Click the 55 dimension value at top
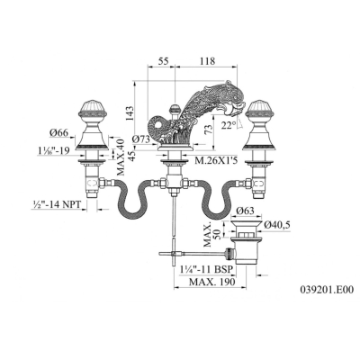[x=163, y=61]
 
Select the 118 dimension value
[x=207, y=61]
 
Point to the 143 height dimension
[x=129, y=113]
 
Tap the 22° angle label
[x=228, y=125]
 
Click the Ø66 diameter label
[x=59, y=132]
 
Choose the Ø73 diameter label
[x=140, y=139]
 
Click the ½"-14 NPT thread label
[x=56, y=204]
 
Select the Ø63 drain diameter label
[x=245, y=211]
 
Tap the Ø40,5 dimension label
[x=277, y=225]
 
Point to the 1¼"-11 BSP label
[x=204, y=269]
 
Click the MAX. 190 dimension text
[x=212, y=282]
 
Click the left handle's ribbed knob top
[x=93, y=107]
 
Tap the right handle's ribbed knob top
[x=259, y=107]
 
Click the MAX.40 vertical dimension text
[x=121, y=157]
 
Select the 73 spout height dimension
[x=210, y=129]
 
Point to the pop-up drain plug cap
[x=245, y=223]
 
